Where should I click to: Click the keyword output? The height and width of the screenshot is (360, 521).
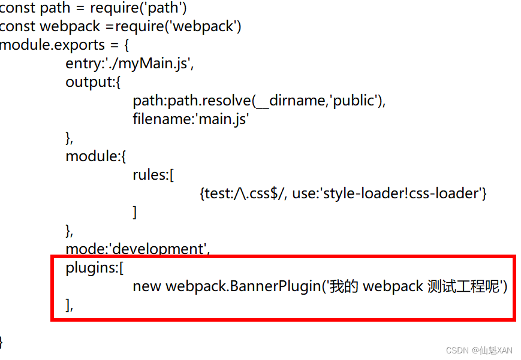pos(88,82)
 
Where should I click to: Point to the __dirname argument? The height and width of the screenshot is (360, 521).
pos(290,101)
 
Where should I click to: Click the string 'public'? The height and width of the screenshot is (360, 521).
pos(353,101)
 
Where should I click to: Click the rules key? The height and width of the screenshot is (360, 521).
pos(151,175)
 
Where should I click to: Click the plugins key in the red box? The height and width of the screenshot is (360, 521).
pos(91,268)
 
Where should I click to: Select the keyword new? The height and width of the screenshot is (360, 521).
pos(147,286)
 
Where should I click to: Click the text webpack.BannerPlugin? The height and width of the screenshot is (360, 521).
pos(243,286)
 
